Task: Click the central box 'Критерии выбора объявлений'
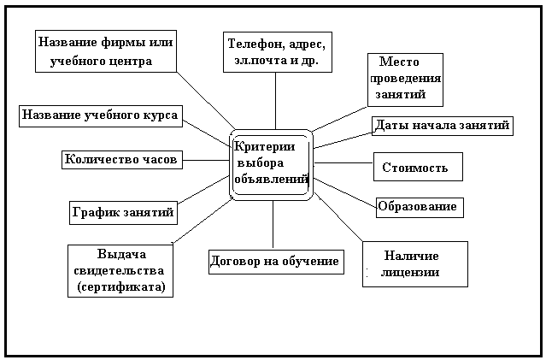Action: (x=271, y=163)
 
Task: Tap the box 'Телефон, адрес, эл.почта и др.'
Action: (x=276, y=53)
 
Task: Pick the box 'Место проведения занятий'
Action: (x=405, y=79)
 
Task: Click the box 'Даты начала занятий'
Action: (x=442, y=126)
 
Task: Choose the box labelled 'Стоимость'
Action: (x=417, y=168)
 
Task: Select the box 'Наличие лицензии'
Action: (x=414, y=264)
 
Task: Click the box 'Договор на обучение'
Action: (x=275, y=261)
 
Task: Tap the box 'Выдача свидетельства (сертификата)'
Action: (x=120, y=271)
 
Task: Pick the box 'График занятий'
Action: (x=122, y=211)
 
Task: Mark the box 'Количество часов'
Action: (x=121, y=159)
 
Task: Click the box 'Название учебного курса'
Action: (x=101, y=115)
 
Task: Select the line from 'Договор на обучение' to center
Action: (x=273, y=224)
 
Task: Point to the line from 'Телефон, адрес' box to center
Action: (x=276, y=101)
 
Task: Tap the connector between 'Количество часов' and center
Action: (x=205, y=159)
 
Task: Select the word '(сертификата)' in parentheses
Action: (x=120, y=286)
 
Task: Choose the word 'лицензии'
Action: (x=412, y=273)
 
